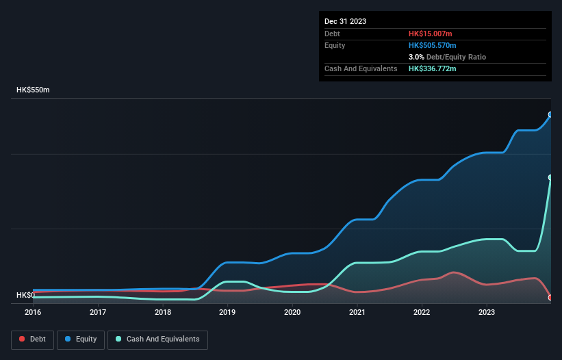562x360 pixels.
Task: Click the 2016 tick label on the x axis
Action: coord(33,312)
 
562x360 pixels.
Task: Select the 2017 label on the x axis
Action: coord(98,312)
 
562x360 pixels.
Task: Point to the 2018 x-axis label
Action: coord(163,312)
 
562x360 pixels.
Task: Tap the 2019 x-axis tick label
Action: coord(227,312)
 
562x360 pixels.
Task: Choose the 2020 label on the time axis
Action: coord(292,312)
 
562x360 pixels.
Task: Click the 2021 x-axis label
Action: coord(357,312)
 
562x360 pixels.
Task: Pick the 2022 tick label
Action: coord(422,312)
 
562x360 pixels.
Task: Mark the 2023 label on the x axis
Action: coord(487,312)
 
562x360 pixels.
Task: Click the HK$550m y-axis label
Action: coord(33,90)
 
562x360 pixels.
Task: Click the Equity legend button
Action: coord(81,339)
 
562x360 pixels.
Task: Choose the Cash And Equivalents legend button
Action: coord(157,339)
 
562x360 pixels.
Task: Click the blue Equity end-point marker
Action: coord(550,115)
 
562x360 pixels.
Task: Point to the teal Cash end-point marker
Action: coord(550,177)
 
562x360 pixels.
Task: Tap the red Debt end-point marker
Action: coord(550,298)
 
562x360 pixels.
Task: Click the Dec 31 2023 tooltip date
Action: coord(345,21)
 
